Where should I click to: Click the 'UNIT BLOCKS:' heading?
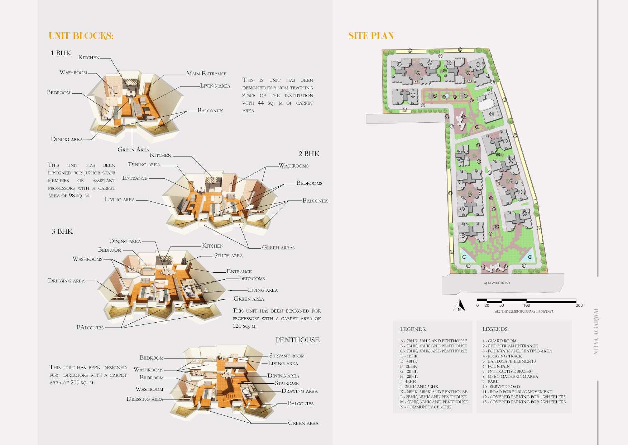click(x=81, y=36)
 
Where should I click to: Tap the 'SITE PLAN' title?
click(x=371, y=36)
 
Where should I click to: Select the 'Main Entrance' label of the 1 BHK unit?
click(x=206, y=74)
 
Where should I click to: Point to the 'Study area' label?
click(x=228, y=256)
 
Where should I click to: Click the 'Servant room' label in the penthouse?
click(x=287, y=356)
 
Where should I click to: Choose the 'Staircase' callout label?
click(x=287, y=383)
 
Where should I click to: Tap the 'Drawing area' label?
click(x=299, y=391)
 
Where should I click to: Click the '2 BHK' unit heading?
click(x=309, y=154)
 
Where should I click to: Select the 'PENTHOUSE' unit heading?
click(x=297, y=340)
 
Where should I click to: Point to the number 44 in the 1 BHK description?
click(x=261, y=103)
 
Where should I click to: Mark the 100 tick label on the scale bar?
click(x=526, y=305)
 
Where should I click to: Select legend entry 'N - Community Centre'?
click(x=426, y=407)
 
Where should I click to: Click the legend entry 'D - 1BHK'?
click(x=409, y=356)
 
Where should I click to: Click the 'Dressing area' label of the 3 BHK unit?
click(x=66, y=281)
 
